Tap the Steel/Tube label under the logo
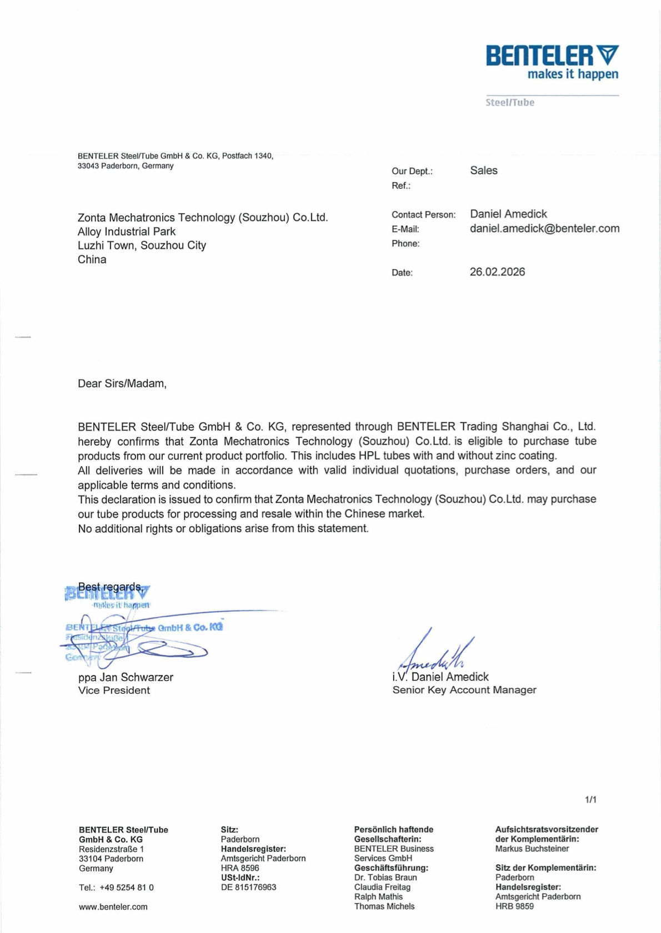point(509,103)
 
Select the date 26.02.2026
point(497,272)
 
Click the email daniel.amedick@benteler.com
point(544,229)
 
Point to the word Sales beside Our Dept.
point(483,170)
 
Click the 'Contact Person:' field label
point(423,215)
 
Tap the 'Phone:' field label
point(405,244)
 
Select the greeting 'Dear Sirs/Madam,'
point(122,384)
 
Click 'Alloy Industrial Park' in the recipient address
point(127,231)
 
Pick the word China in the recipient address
point(92,259)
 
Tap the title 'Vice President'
point(114,690)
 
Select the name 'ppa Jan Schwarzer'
point(126,677)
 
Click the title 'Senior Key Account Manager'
point(464,690)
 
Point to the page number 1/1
point(590,800)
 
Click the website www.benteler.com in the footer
point(113,907)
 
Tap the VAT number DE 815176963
point(248,887)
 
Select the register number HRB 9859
point(514,906)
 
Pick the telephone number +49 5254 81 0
point(127,887)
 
